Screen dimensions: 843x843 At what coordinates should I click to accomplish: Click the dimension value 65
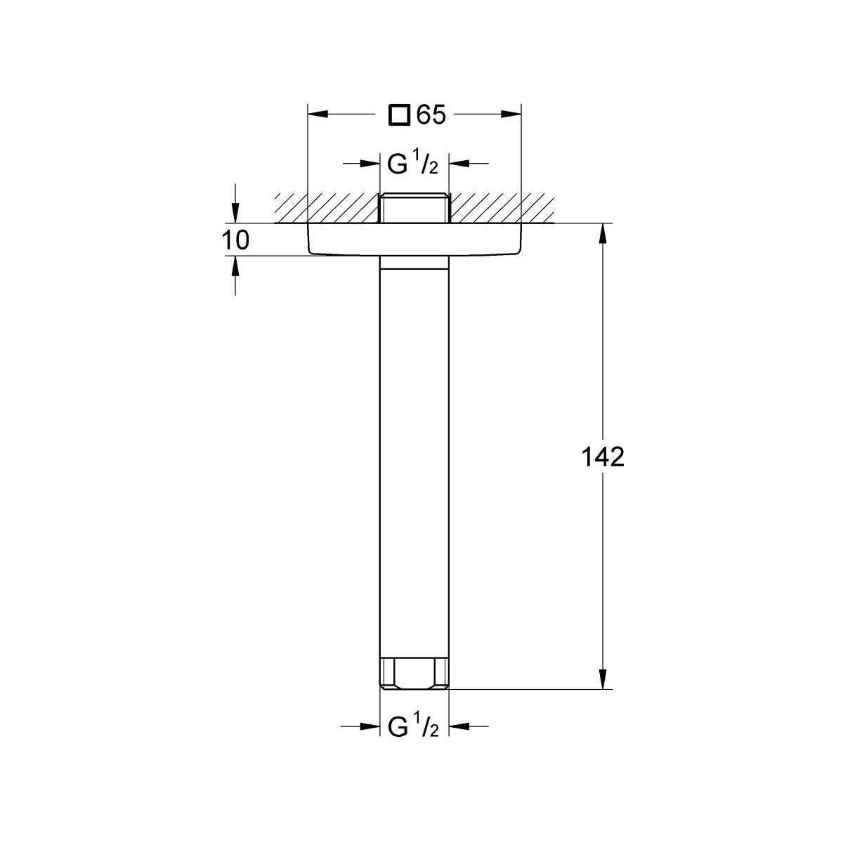(x=431, y=115)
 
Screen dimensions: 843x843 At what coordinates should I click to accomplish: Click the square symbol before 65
(x=400, y=115)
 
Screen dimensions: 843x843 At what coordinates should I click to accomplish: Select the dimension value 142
(x=602, y=457)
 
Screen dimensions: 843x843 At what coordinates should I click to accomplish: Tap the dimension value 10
(x=236, y=240)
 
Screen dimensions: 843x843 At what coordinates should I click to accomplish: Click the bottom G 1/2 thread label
(x=413, y=727)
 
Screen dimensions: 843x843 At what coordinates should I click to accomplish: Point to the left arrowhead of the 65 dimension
(x=318, y=115)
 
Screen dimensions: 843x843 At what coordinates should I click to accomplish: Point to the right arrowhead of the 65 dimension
(x=511, y=115)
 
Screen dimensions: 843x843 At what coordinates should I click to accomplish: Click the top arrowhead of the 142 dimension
(x=602, y=233)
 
